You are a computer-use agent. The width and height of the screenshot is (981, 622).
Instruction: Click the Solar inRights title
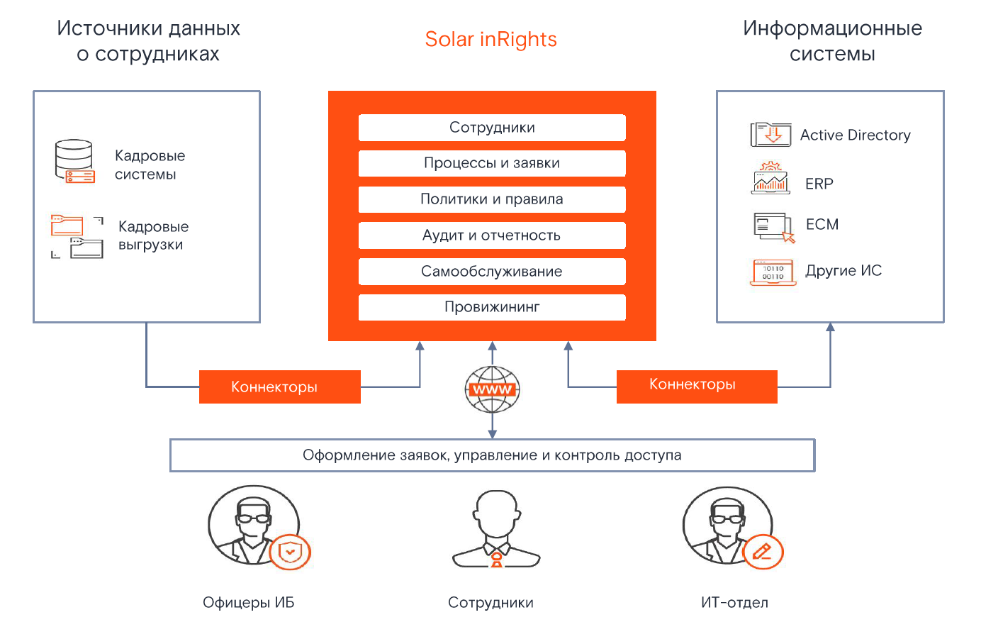point(490,40)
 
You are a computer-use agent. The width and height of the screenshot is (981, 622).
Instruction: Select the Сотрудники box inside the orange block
point(492,128)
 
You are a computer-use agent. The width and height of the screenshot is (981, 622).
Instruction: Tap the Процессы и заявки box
point(492,163)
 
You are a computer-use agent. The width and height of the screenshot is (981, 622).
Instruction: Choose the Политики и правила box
point(492,199)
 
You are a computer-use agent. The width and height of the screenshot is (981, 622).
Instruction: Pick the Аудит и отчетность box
point(492,235)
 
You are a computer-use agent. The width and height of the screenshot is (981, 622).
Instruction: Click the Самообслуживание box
point(492,272)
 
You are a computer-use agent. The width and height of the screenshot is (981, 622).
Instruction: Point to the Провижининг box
point(492,307)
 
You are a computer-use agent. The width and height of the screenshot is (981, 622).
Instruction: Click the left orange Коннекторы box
point(279,387)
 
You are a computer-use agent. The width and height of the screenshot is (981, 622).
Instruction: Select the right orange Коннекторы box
point(696,386)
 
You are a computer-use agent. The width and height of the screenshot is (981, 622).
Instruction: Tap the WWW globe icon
point(493,389)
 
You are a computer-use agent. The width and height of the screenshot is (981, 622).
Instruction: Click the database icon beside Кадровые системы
point(74,162)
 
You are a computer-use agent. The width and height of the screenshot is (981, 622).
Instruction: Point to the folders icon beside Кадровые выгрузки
point(77,236)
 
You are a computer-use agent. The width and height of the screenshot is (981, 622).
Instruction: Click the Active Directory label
point(855,135)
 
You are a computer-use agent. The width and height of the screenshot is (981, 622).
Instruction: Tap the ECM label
point(822,225)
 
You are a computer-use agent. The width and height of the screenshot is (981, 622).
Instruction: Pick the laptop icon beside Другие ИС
point(773,272)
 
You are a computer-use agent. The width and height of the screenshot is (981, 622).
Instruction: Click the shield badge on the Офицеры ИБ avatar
point(290,552)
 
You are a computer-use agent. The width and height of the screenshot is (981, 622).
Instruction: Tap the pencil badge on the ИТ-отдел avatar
point(763,552)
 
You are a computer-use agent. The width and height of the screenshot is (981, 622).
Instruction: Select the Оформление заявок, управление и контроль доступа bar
point(492,455)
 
